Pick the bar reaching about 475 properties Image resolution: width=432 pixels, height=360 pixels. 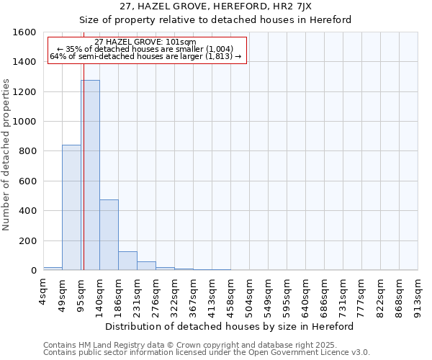pyautogui.click(x=109, y=235)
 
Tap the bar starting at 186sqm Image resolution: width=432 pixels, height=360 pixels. pyautogui.click(x=127, y=261)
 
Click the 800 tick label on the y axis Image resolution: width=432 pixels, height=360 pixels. pyautogui.click(x=27, y=151)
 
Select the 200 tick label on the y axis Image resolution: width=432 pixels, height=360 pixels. pyautogui.click(x=27, y=240)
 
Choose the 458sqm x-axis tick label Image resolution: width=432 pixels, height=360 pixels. pyautogui.click(x=231, y=291)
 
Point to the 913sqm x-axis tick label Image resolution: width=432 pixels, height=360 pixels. pyautogui.click(x=418, y=291)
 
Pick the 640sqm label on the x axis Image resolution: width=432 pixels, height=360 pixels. pyautogui.click(x=306, y=291)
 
